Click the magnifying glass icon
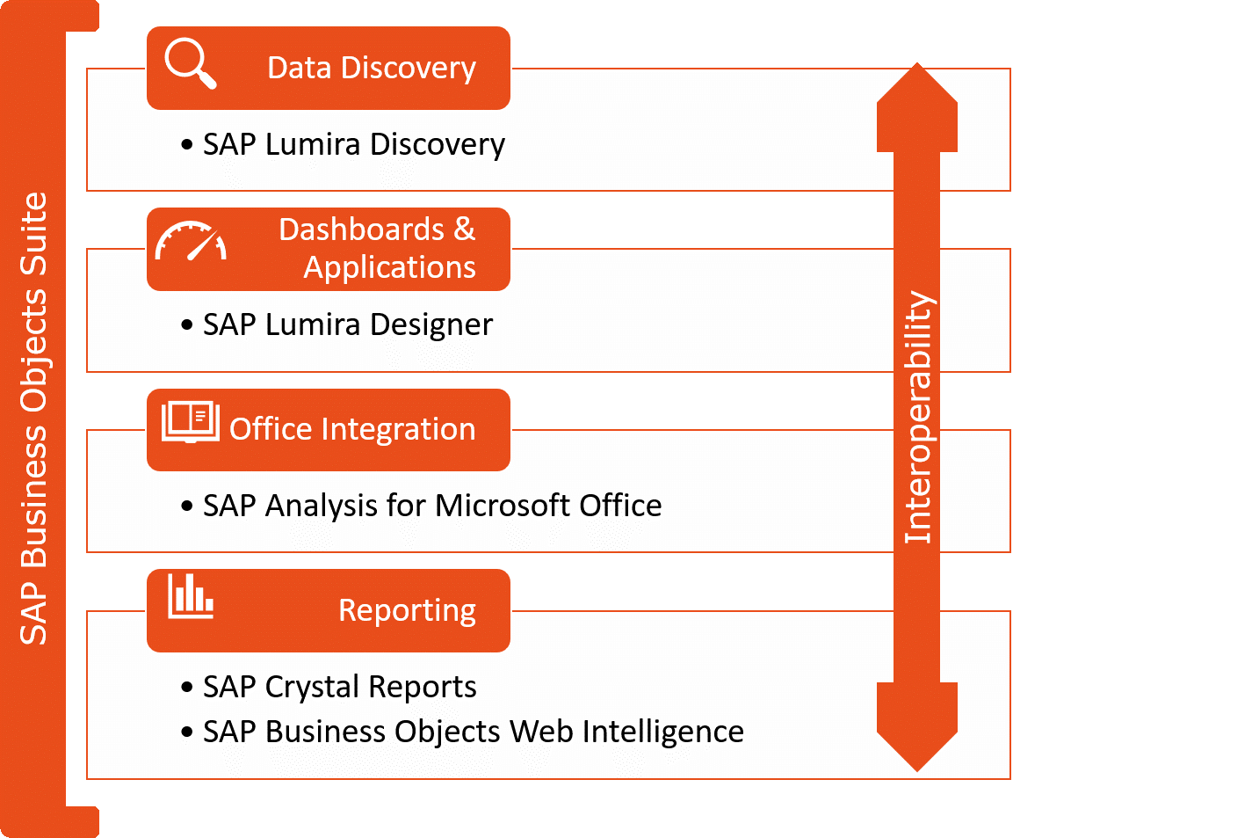click(x=190, y=62)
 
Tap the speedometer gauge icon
click(x=191, y=242)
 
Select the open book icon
click(x=191, y=422)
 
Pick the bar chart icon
click(x=191, y=596)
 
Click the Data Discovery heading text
click(x=372, y=68)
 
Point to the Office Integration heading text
click(x=352, y=429)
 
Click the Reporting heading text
click(x=407, y=610)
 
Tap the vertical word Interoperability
click(x=918, y=418)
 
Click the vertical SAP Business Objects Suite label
click(x=33, y=419)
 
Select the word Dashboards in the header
click(x=361, y=230)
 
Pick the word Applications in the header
click(x=389, y=267)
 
